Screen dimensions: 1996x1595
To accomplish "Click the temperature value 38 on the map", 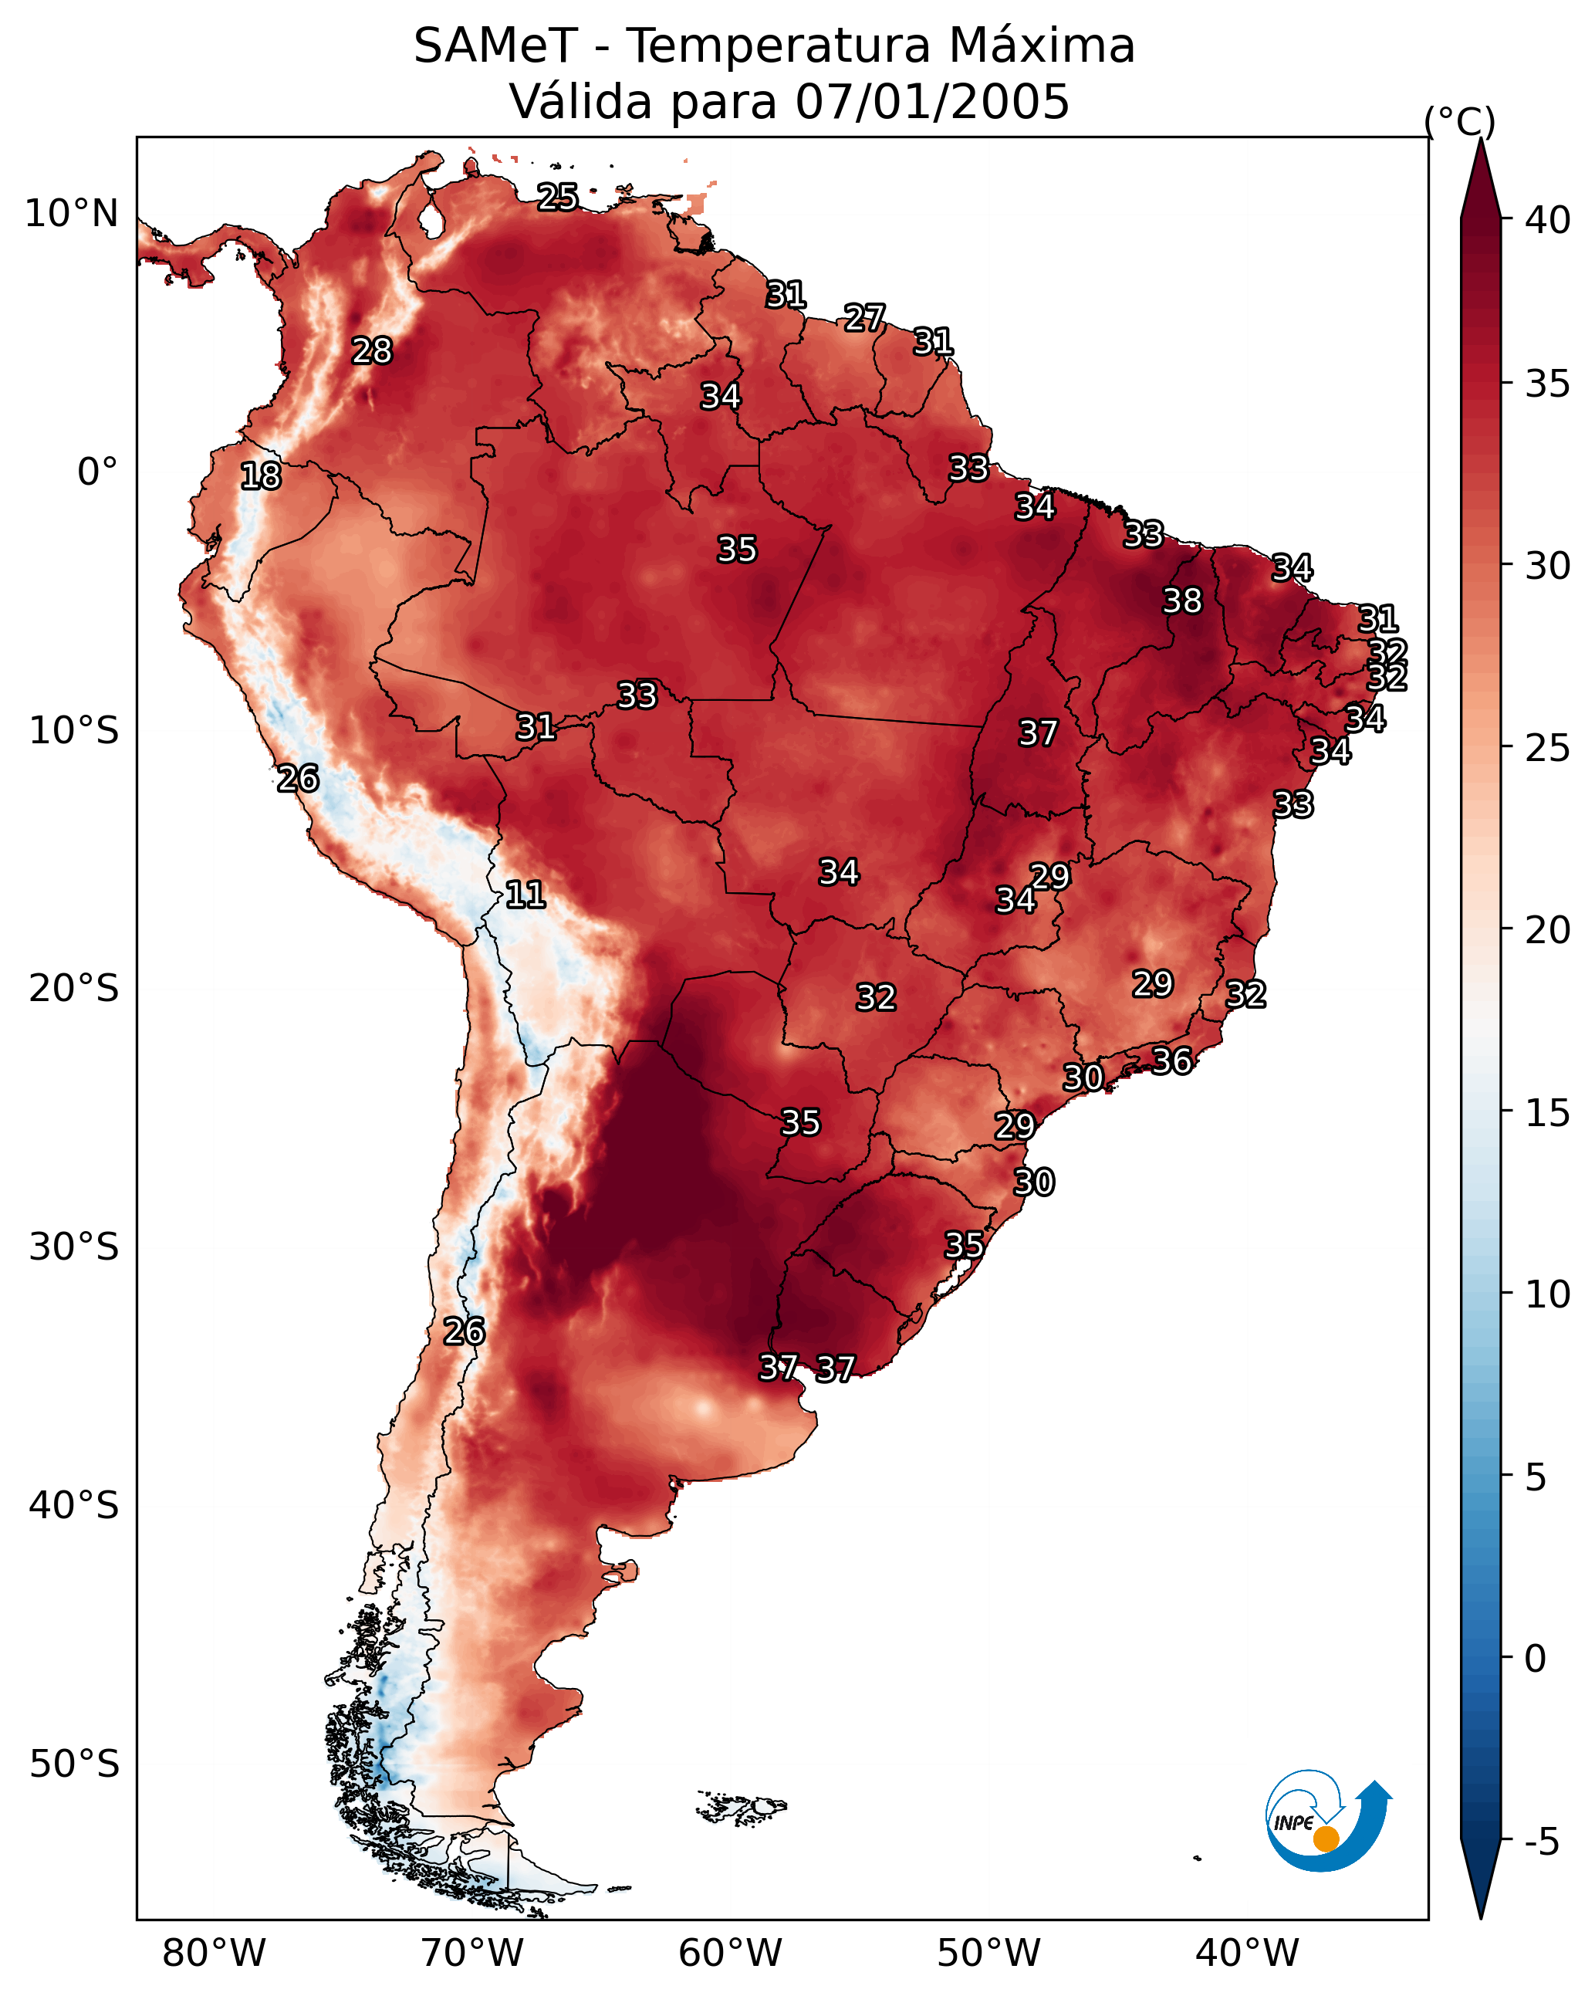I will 1182,600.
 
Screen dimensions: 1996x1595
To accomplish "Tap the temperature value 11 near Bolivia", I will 525,895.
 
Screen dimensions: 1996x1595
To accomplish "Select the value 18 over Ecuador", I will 260,476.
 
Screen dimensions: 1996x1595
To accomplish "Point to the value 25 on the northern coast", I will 557,196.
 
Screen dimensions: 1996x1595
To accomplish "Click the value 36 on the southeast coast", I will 1171,1061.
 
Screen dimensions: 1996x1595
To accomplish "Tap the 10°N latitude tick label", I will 71,214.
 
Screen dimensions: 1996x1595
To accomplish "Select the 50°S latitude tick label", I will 74,1764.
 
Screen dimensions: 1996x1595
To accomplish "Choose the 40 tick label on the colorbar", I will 1547,220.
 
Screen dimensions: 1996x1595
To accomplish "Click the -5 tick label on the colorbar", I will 1540,1842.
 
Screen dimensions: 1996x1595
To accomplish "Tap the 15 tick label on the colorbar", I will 1547,1113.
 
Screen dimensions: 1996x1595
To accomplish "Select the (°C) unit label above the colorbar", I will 1459,121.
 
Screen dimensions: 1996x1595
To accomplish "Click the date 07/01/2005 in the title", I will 932,102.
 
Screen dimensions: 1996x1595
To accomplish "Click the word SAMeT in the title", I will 495,46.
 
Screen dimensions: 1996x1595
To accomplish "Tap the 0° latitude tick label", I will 97,472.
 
